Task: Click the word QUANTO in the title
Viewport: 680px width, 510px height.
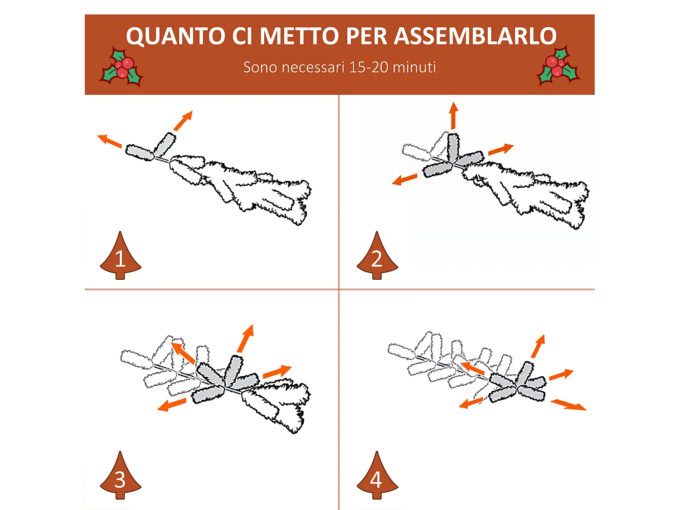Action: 175,36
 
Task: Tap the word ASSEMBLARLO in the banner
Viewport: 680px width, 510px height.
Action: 475,36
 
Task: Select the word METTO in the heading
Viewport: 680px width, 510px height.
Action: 299,36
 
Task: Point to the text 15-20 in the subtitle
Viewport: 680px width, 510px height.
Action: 369,67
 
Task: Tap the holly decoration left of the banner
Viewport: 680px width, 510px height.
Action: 121,68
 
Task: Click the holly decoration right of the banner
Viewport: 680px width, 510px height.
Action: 559,66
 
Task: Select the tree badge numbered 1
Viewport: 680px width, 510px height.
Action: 121,255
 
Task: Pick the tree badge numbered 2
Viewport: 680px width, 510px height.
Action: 377,255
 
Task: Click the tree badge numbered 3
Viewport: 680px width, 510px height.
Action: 121,475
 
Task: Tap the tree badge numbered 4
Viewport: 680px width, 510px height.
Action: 377,475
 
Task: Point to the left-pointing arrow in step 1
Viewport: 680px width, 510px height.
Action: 110,141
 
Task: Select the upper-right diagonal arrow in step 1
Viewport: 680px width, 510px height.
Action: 183,121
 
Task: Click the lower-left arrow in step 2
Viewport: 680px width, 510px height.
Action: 404,179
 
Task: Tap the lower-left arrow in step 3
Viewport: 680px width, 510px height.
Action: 172,404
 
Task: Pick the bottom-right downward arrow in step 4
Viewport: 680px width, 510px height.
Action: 568,405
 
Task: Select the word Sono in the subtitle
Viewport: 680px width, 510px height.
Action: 260,67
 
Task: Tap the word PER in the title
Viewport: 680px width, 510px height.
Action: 366,36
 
